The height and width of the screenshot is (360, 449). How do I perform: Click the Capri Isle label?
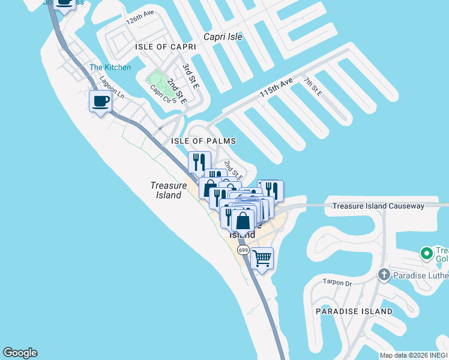pos(223,37)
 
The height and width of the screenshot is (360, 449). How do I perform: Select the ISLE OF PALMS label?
pos(203,141)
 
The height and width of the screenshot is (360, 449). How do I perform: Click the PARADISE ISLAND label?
pos(354,311)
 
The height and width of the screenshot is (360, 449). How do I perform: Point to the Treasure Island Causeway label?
pos(378,206)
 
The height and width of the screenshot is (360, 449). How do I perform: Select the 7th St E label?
pos(312,86)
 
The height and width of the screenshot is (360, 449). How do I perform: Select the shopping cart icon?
pos(262,259)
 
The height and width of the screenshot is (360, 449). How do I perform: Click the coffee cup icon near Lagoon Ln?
pos(100,100)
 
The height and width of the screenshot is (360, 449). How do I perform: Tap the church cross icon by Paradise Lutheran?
pos(384,275)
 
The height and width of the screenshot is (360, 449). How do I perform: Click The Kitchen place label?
pos(110,67)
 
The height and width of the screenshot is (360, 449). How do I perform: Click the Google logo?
pos(20,353)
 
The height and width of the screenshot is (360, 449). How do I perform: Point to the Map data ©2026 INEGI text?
pos(413,355)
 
